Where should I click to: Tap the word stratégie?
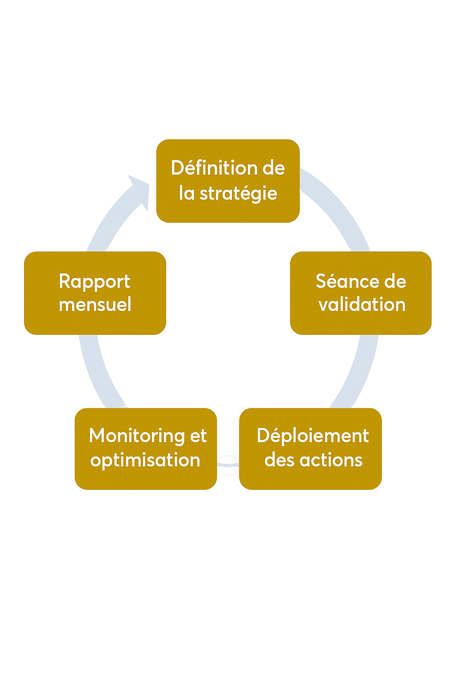point(238,194)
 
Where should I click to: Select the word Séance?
point(342,281)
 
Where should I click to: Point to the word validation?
point(362,305)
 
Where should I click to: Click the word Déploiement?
point(313,436)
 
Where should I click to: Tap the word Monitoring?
point(137,436)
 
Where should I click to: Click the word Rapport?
point(94,281)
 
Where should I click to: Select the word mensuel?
point(95,305)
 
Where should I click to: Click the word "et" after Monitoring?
point(199,436)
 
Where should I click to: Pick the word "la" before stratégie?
point(187,194)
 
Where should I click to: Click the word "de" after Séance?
point(395,281)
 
